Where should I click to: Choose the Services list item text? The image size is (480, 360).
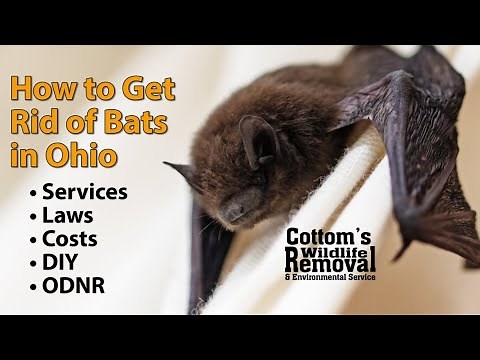86,191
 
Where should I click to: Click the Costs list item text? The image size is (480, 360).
75,239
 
